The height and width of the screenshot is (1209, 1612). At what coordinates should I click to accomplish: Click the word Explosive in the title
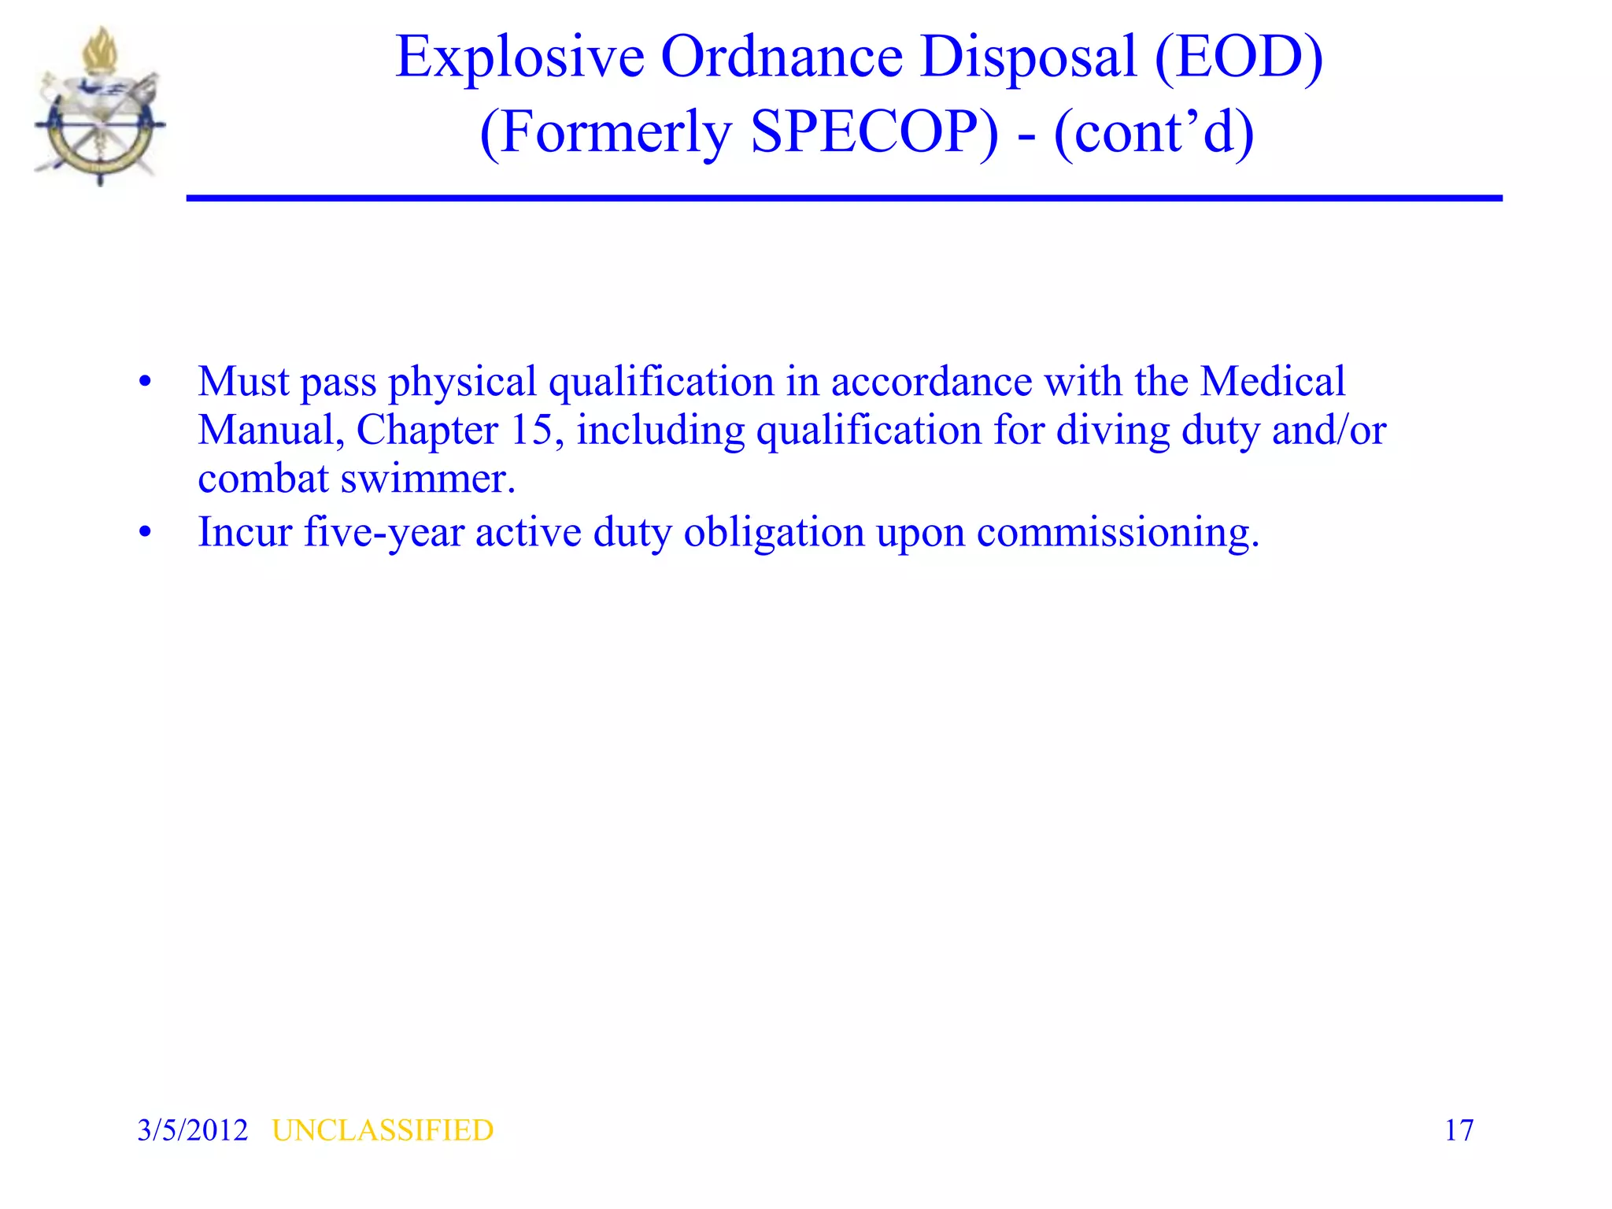click(x=519, y=57)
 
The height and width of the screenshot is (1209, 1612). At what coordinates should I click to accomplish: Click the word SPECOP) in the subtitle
click(x=874, y=132)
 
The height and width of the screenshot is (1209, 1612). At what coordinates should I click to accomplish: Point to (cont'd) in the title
click(x=1153, y=132)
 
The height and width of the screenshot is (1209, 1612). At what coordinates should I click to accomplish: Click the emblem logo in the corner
click(x=99, y=107)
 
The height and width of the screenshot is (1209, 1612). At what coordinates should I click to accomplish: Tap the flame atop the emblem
click(x=101, y=51)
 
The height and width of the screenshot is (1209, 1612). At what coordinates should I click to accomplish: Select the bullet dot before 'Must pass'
click(x=145, y=383)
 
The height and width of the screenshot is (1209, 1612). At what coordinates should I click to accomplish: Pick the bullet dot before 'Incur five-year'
click(x=145, y=534)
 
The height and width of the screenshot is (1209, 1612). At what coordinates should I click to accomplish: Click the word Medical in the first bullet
click(x=1272, y=383)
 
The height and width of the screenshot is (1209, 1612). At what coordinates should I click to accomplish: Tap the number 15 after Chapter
click(x=531, y=431)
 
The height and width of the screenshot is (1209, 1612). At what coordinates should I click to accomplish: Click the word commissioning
click(x=1118, y=533)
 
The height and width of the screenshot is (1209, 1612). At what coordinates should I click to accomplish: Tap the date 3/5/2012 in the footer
click(x=193, y=1130)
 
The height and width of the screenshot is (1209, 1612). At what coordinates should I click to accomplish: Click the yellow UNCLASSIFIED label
click(x=383, y=1130)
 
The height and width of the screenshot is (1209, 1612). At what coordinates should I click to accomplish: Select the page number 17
click(x=1459, y=1130)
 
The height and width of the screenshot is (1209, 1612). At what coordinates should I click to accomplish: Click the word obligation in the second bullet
click(x=774, y=533)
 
